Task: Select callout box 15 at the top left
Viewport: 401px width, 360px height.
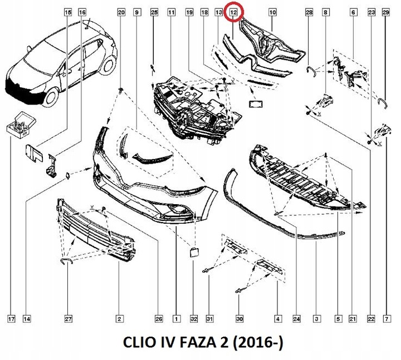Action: pyautogui.click(x=68, y=12)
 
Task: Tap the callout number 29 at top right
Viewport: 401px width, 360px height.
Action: pyautogui.click(x=385, y=12)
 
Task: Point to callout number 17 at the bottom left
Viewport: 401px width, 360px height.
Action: pyautogui.click(x=11, y=319)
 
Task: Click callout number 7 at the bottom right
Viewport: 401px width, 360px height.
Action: pyautogui.click(x=385, y=319)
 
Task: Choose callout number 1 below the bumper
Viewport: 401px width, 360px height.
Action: pyautogui.click(x=176, y=319)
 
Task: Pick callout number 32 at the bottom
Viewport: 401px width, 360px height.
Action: pyautogui.click(x=193, y=319)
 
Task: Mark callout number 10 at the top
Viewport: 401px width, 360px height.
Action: pyautogui.click(x=273, y=12)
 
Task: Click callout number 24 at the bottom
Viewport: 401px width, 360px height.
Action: pyautogui.click(x=296, y=319)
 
